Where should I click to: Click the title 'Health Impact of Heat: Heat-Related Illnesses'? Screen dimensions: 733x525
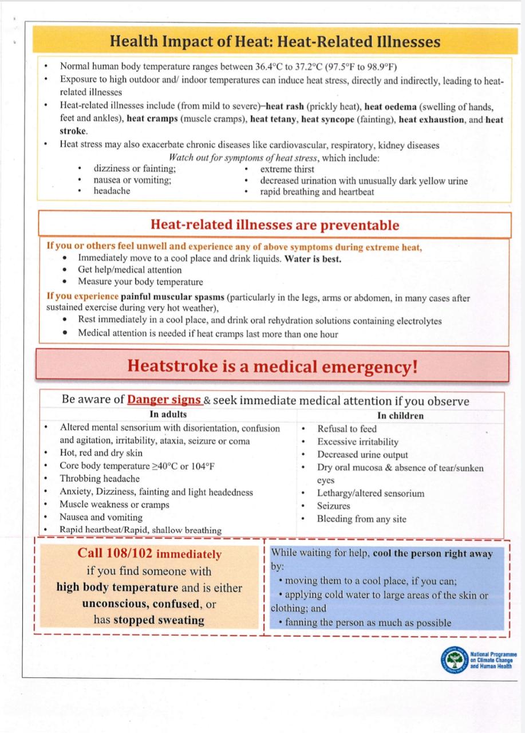pos(275,42)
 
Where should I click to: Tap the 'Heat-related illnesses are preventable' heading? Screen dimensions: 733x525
pos(274,225)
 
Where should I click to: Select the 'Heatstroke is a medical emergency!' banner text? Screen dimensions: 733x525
pos(273,366)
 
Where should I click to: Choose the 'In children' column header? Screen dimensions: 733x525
pos(400,416)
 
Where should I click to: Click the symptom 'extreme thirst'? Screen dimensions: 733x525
pos(287,169)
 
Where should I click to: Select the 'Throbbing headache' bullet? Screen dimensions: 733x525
pos(100,479)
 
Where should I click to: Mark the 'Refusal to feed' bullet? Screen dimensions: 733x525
pos(347,428)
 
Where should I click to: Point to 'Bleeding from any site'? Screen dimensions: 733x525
pos(361,519)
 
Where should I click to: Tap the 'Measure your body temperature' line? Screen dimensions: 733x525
pos(140,282)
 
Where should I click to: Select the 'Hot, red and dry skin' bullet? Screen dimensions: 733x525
pos(101,453)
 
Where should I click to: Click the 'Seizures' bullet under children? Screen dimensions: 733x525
pos(333,506)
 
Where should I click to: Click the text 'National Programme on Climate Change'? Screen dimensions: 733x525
pos(493,657)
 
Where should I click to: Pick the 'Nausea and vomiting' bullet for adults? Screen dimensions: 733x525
pos(101,517)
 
